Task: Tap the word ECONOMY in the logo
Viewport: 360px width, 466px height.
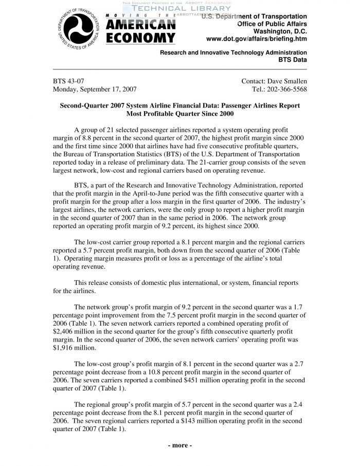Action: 140,38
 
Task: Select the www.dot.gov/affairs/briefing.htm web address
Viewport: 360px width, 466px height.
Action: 256,39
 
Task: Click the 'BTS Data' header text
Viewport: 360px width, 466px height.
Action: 293,60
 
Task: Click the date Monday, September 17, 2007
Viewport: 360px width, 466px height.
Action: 95,89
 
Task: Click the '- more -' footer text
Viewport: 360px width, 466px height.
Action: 180,445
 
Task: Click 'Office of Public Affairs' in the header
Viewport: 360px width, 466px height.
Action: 272,24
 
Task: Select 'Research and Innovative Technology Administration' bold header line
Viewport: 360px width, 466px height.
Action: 233,52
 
